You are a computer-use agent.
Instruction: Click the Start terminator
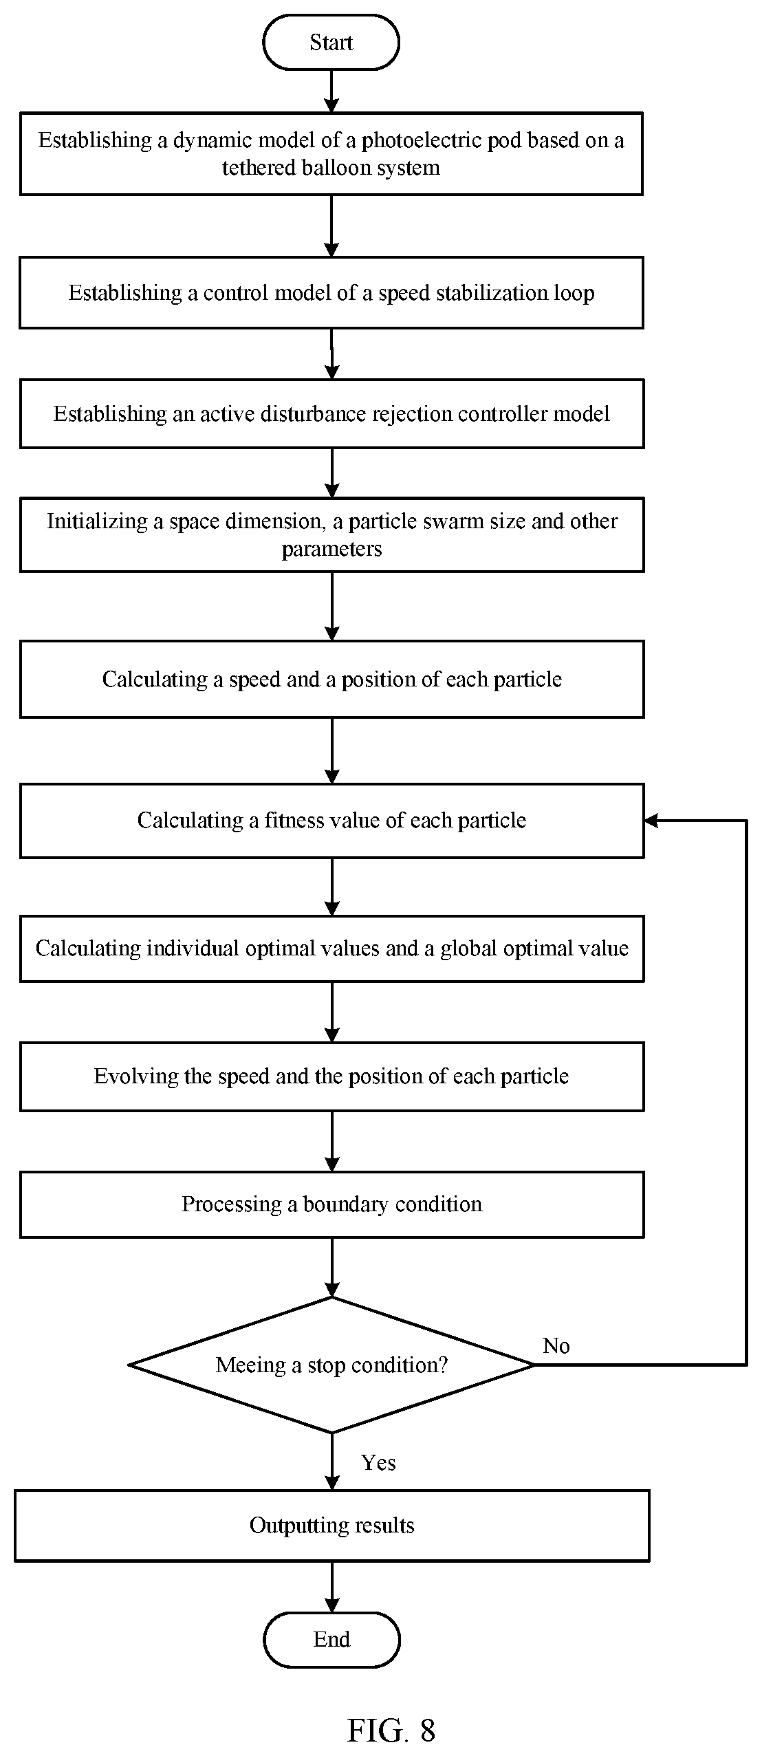click(331, 43)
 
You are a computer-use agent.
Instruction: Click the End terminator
click(331, 1639)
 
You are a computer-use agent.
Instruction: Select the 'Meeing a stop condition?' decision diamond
click(331, 1365)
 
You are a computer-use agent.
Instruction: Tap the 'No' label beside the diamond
click(556, 1345)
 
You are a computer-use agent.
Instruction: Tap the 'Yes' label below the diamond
click(378, 1462)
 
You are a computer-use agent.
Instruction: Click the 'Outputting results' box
click(331, 1526)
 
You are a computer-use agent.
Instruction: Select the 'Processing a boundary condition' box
click(331, 1204)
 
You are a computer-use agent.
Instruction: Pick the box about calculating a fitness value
click(331, 821)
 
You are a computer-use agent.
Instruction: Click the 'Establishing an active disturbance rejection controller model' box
click(331, 413)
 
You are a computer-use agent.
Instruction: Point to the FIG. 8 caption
click(391, 1730)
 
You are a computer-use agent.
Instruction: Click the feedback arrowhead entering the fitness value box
click(651, 820)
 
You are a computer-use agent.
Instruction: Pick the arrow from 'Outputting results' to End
click(331, 1587)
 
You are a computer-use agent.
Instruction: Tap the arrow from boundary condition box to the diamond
click(331, 1267)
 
